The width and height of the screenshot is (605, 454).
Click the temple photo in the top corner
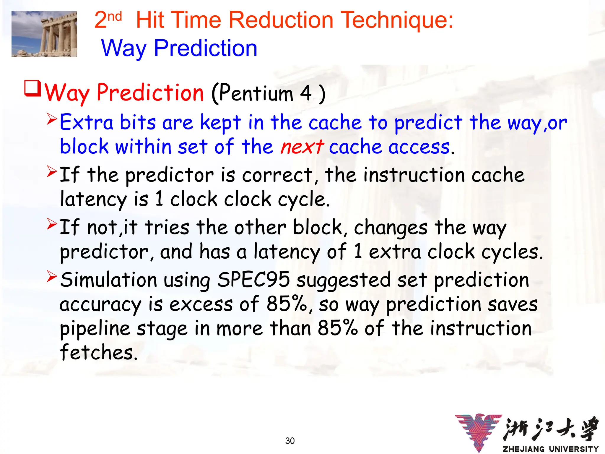[44, 34]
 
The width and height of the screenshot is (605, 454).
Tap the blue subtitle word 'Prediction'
[206, 48]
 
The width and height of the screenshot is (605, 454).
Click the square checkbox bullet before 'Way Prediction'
[32, 88]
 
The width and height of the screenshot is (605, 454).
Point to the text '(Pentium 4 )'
[268, 93]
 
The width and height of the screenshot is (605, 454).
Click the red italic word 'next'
[302, 147]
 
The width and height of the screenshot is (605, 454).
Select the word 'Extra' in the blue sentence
[87, 122]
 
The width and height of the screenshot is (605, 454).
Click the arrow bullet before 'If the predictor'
[52, 171]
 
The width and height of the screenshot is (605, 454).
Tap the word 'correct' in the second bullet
[277, 175]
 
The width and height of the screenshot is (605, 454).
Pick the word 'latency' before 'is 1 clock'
[93, 199]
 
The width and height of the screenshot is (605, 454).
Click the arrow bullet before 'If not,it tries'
[52, 224]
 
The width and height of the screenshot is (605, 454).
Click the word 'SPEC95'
[253, 280]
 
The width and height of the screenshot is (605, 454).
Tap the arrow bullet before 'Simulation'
[52, 276]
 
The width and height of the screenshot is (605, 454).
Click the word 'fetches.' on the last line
[99, 352]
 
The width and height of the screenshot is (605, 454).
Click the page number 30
[290, 441]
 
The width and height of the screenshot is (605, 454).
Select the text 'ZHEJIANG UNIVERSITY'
[551, 449]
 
